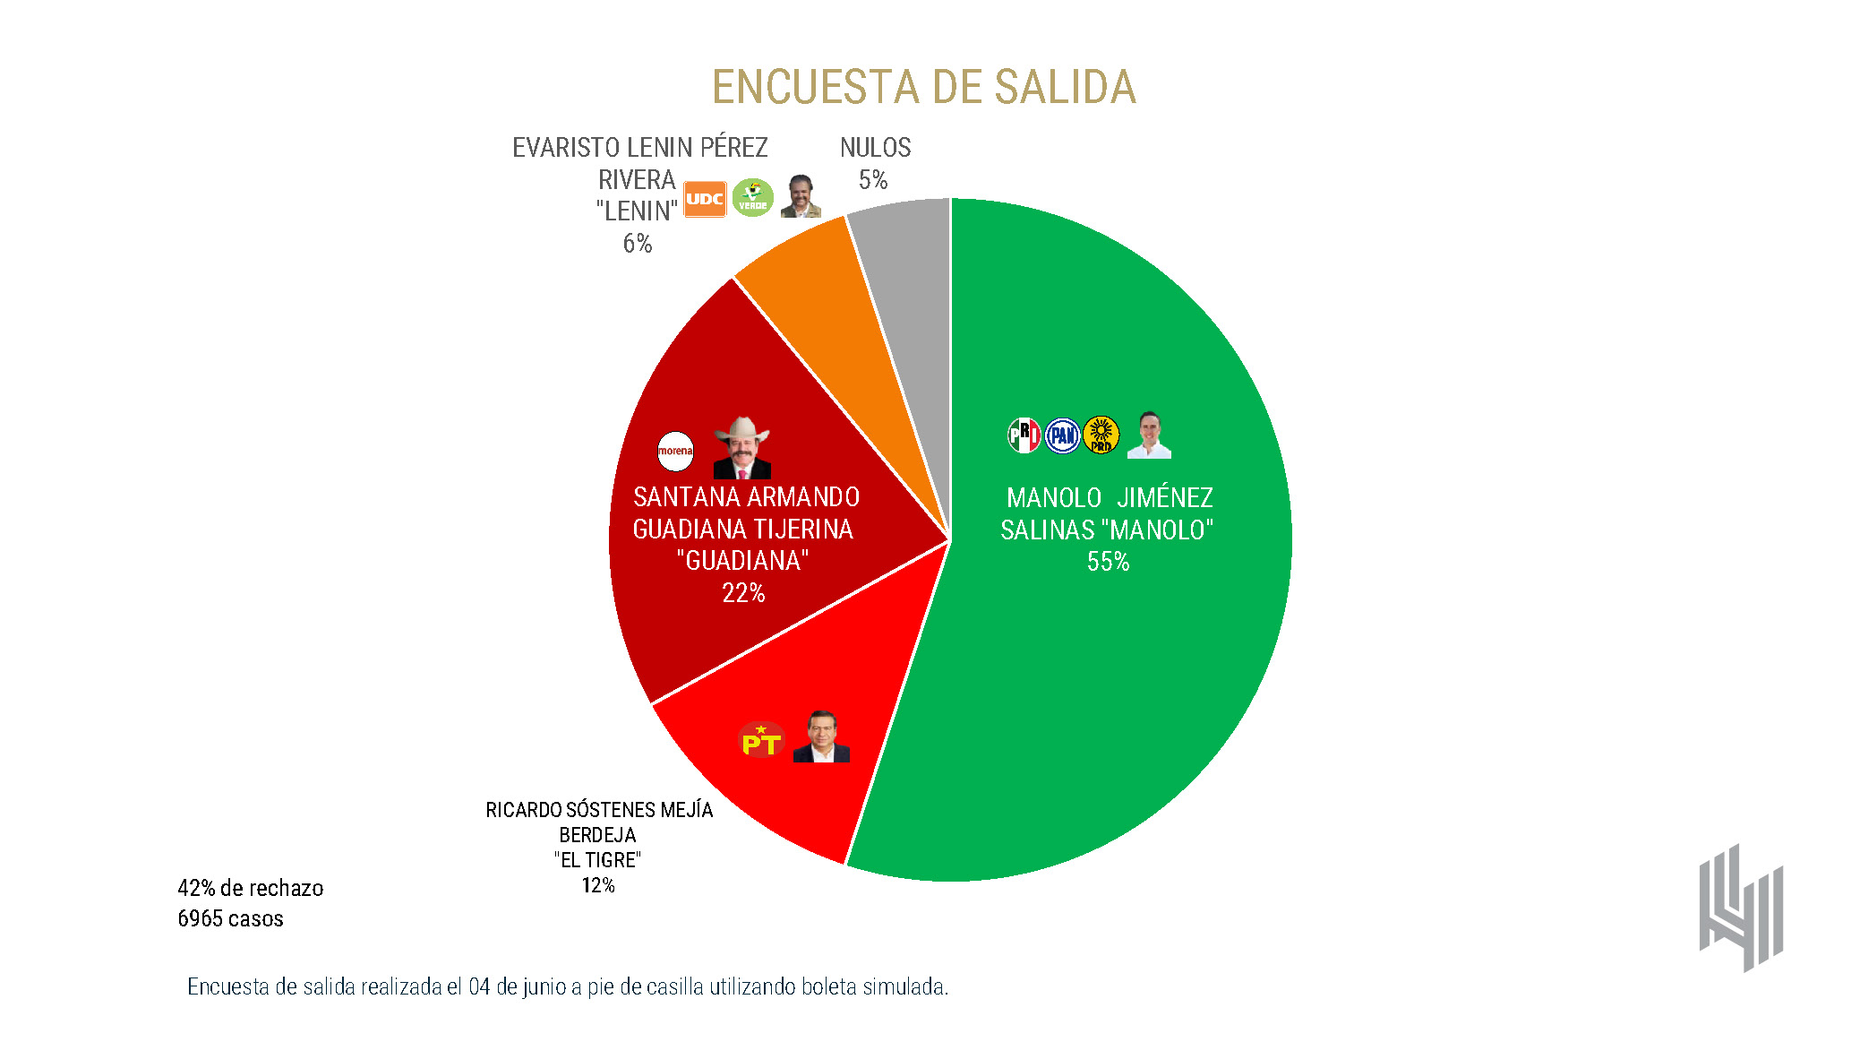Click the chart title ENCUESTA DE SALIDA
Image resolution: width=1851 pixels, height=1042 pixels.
point(923,87)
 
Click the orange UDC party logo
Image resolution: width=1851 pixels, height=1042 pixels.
point(705,199)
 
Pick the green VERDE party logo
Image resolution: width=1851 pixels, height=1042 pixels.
point(752,198)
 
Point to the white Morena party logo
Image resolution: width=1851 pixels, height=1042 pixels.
point(675,451)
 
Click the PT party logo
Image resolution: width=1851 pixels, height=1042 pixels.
point(761,740)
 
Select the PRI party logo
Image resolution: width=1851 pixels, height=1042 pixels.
point(1024,435)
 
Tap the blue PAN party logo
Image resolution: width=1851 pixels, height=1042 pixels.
point(1063,435)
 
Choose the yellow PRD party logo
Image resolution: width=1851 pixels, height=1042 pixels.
point(1101,435)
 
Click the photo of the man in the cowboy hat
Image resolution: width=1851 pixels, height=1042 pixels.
point(741,447)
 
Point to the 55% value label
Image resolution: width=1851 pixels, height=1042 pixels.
point(1108,562)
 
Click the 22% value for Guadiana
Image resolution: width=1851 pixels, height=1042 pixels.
point(743,593)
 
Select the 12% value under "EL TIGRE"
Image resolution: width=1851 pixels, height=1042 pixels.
point(598,885)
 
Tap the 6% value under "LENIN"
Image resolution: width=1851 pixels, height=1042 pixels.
point(638,244)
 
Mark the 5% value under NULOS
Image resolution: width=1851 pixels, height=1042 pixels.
point(873,180)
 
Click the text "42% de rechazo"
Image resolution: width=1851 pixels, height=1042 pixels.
point(251,888)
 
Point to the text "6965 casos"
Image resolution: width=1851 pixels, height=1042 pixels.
point(230,918)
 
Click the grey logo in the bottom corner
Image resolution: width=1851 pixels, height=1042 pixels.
point(1741,908)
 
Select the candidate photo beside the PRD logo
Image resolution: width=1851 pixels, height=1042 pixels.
point(1149,435)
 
